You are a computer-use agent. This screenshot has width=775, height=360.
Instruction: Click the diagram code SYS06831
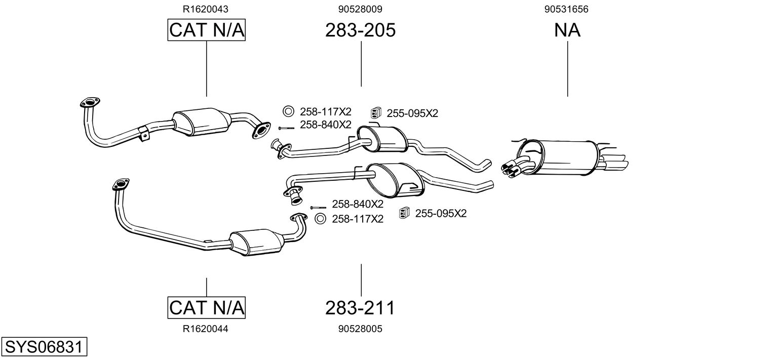point(44,347)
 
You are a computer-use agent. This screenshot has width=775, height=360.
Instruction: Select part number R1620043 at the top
point(206,9)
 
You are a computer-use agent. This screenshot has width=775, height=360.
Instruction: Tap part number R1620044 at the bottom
point(206,329)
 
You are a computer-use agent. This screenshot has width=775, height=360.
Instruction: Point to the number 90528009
point(360,9)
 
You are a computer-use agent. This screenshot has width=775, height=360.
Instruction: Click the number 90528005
point(360,329)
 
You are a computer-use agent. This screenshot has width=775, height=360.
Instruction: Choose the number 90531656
point(567,9)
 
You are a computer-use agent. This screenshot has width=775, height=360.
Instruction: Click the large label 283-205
point(360,30)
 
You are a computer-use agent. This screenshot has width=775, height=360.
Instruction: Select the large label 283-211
point(360,307)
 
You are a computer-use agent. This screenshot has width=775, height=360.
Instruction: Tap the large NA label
point(567,30)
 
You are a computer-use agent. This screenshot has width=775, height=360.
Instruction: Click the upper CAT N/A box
point(206,30)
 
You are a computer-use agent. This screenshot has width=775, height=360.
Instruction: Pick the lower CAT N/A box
point(206,307)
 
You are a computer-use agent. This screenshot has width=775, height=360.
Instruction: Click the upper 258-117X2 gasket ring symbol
point(288,111)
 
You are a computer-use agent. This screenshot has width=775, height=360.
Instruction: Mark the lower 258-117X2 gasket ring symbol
point(320,219)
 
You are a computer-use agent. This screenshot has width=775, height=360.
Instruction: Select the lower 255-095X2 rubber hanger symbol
point(404,213)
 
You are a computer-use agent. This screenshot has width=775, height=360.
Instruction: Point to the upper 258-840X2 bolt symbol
point(286,128)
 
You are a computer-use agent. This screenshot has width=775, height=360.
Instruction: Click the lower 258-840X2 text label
point(358,204)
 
